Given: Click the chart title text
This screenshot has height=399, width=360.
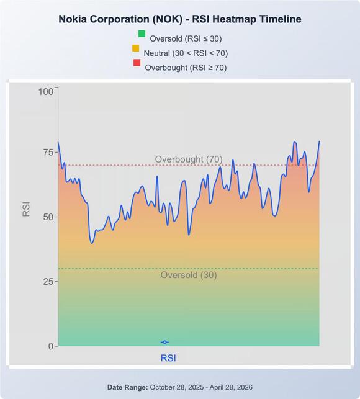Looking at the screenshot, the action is point(180,19).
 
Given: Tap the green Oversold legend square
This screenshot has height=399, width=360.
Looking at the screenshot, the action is point(142,34).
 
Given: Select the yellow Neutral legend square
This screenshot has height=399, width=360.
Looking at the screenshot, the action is point(136,48).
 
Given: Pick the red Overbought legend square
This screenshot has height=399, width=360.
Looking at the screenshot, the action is point(137,63).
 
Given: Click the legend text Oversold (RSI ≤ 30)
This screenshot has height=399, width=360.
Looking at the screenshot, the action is point(186,38).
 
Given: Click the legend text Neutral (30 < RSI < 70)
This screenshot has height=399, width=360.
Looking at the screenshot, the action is point(186,53).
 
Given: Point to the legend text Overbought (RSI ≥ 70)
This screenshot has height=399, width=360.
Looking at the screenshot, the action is point(186,68).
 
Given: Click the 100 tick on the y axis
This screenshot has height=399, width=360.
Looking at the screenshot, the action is point(46,91).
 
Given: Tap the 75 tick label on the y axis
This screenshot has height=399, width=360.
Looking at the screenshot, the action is point(48,152).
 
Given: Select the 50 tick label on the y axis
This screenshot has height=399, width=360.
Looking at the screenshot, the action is point(48,217).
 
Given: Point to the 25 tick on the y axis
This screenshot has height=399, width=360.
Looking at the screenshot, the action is point(48,282).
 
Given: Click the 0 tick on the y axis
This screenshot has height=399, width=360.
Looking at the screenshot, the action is point(51,346).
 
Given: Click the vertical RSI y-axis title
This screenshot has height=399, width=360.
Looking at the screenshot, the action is point(26,209).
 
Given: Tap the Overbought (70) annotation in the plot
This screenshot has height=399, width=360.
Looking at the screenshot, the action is point(189,159).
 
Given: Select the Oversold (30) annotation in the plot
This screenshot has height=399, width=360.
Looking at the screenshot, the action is point(189,275).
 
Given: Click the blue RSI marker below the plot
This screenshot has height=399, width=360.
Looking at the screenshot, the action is point(164,343).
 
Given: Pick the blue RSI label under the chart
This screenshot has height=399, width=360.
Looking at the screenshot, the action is point(168,358).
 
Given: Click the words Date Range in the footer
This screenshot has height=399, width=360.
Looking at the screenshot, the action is point(128,387).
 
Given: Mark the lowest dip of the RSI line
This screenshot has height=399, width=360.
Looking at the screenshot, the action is point(92,243).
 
